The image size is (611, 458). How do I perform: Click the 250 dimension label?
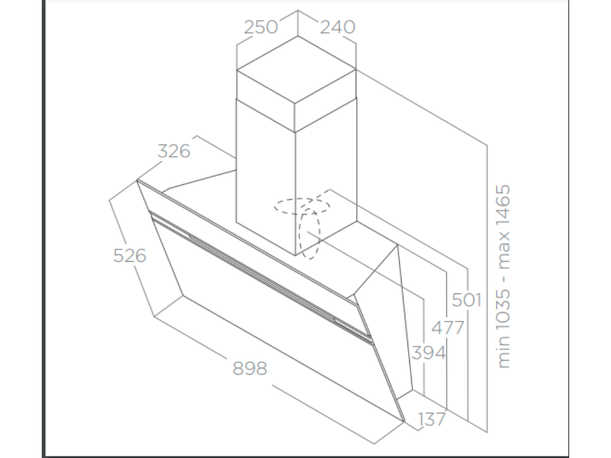click(261, 27)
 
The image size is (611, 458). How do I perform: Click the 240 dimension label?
click(337, 27)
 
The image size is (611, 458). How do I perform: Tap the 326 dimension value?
click(174, 151)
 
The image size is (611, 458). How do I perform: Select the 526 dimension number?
click(129, 255)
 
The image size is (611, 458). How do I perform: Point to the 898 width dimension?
click(249, 369)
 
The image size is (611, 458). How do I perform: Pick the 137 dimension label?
click(431, 419)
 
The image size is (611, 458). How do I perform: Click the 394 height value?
click(428, 352)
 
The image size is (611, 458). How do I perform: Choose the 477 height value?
click(447, 327)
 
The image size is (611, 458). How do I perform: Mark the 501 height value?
click(466, 299)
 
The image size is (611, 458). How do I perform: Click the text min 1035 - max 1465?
click(503, 276)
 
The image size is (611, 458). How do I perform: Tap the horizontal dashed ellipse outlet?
click(301, 206)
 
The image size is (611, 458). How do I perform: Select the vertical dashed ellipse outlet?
click(310, 234)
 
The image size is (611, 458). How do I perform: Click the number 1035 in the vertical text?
click(503, 308)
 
